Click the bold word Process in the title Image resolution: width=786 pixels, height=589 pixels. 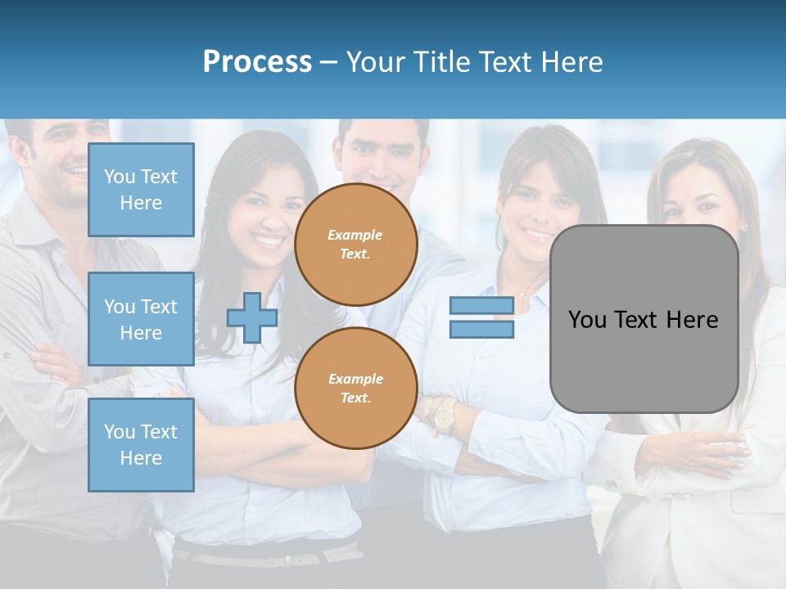tap(257, 62)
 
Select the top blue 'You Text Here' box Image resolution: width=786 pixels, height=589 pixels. tap(141, 190)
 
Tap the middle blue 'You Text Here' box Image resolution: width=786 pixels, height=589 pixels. tap(141, 319)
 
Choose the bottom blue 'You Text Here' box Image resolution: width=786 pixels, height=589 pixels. tap(141, 445)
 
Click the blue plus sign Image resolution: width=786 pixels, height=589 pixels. tap(252, 318)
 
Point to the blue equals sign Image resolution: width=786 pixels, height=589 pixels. tap(481, 317)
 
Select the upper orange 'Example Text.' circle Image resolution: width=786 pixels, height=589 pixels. tap(355, 245)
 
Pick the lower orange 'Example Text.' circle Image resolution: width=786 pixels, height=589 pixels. tap(355, 389)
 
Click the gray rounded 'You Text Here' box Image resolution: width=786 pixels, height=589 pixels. tap(644, 319)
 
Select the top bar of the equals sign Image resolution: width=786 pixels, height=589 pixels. tap(481, 306)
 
